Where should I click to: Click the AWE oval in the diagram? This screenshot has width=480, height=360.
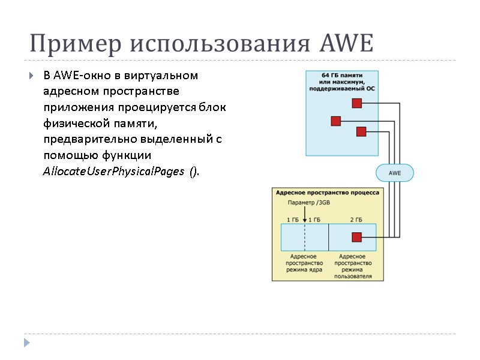click(395, 173)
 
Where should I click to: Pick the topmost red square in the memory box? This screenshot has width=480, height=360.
click(357, 103)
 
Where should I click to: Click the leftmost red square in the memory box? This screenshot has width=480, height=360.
click(336, 121)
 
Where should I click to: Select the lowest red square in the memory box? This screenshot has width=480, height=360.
click(361, 132)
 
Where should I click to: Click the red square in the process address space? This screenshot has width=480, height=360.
click(356, 237)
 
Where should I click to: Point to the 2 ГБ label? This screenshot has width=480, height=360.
click(356, 219)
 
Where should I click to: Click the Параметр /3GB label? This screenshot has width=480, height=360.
click(305, 202)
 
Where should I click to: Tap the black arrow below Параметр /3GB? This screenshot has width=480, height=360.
click(305, 215)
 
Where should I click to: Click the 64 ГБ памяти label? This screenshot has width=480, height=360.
click(342, 74)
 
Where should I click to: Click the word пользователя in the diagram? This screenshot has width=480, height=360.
click(353, 277)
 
